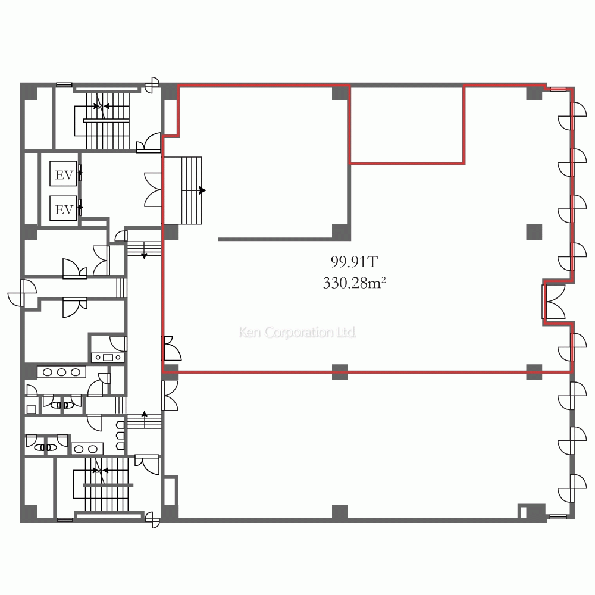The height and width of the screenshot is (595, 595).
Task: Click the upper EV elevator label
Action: tap(64, 175)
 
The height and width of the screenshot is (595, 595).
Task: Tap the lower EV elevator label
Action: tap(64, 209)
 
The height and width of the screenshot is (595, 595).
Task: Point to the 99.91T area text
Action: tap(354, 262)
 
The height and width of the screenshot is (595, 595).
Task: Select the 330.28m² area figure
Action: tap(354, 283)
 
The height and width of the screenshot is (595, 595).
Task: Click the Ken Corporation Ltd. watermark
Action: tap(297, 332)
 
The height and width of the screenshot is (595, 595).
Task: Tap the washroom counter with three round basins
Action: tap(61, 372)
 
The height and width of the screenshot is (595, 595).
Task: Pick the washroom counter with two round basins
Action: tap(87, 449)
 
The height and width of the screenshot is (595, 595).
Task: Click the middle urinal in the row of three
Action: tap(120, 436)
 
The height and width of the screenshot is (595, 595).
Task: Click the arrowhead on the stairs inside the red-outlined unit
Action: tap(203, 190)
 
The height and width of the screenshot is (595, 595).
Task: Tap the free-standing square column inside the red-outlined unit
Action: tap(534, 232)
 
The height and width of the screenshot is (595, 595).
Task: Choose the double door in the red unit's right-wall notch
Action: tap(553, 302)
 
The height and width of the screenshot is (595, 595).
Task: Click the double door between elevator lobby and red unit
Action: tap(153, 190)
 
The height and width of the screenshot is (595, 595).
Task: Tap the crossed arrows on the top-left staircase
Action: tap(101, 106)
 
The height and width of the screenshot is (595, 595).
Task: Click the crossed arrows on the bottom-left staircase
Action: tap(100, 471)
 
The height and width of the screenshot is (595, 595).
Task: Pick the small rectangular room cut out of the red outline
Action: tap(406, 125)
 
